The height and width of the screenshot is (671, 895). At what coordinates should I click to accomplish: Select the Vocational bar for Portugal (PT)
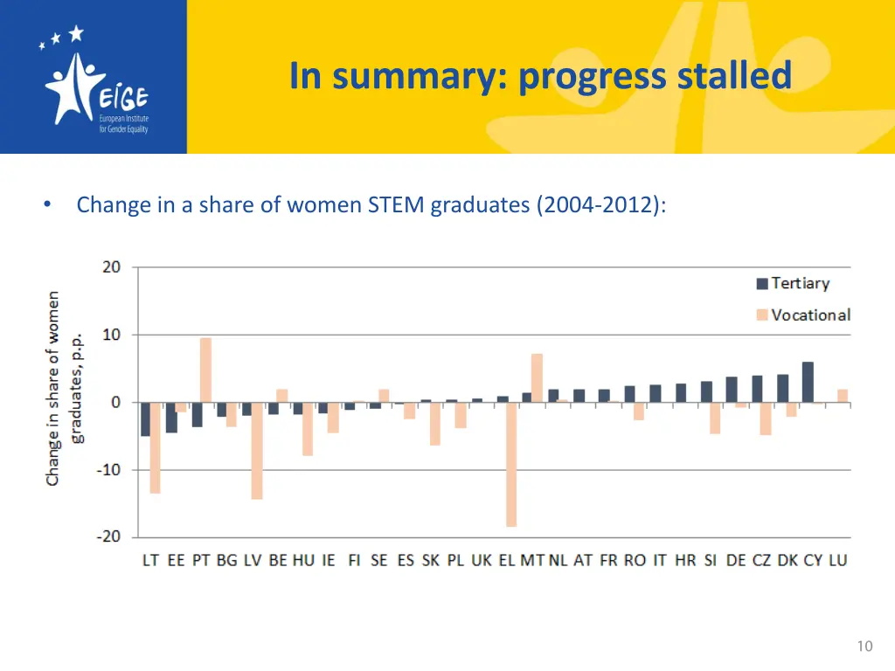point(205,370)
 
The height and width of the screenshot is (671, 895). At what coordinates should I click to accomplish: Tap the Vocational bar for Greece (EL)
point(510,464)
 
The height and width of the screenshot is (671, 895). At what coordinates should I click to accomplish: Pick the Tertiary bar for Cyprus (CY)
point(808,382)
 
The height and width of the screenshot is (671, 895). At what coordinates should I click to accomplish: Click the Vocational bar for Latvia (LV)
point(257,450)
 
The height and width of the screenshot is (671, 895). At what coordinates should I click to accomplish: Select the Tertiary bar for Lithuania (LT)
point(145,419)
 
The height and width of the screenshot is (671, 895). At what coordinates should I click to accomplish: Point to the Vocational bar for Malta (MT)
point(537,377)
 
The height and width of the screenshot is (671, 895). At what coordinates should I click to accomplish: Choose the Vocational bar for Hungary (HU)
point(308,428)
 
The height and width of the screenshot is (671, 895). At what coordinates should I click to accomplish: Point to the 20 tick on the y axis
point(112,267)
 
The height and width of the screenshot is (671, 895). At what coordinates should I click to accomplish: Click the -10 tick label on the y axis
point(108,470)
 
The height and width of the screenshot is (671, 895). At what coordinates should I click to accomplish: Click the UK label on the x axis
point(482,560)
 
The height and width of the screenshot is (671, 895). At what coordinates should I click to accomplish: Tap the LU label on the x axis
point(837,560)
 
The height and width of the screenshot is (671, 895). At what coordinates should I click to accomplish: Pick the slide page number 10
point(864,647)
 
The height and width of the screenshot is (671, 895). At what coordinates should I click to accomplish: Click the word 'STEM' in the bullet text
point(404,205)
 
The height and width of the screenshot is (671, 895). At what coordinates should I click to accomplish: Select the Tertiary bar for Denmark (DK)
point(782,388)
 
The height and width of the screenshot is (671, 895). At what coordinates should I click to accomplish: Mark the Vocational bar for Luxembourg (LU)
point(843,396)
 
